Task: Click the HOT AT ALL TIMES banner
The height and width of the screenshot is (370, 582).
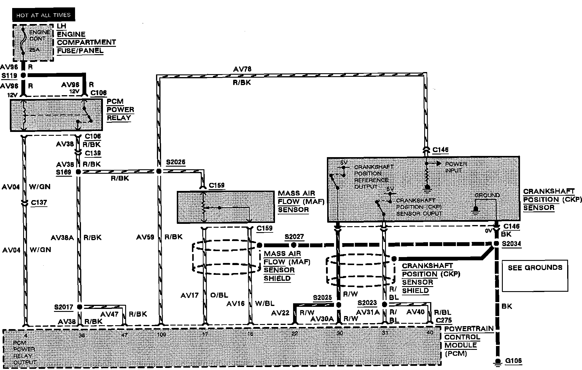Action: [x=43, y=15]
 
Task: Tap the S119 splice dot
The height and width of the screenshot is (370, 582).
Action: [x=23, y=75]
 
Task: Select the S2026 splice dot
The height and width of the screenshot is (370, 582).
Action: [x=159, y=171]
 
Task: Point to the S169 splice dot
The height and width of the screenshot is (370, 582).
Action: [x=78, y=172]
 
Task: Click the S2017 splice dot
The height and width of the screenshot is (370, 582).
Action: [x=79, y=307]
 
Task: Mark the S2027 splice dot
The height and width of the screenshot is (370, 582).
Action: [x=293, y=245]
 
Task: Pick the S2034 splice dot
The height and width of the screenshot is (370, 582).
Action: [x=496, y=244]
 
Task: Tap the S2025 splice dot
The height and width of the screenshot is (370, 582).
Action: [x=338, y=305]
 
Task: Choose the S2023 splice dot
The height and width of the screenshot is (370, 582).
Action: [x=384, y=304]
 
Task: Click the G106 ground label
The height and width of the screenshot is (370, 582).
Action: [x=513, y=361]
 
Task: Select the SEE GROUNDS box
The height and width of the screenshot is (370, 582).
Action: [x=535, y=276]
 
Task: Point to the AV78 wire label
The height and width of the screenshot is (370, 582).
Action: [x=242, y=69]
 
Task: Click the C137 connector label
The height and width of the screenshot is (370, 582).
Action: [x=39, y=202]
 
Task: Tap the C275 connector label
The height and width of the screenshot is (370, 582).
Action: [x=444, y=320]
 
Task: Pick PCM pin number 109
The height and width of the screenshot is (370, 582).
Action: [x=162, y=335]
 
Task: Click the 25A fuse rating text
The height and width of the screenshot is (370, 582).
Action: [x=34, y=50]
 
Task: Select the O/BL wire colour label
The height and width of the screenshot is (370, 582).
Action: [x=219, y=295]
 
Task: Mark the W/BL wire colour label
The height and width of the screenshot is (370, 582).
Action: [x=265, y=304]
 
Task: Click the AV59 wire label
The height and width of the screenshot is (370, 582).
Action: [x=145, y=237]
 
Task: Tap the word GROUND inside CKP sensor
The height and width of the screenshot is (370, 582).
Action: [x=487, y=195]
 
